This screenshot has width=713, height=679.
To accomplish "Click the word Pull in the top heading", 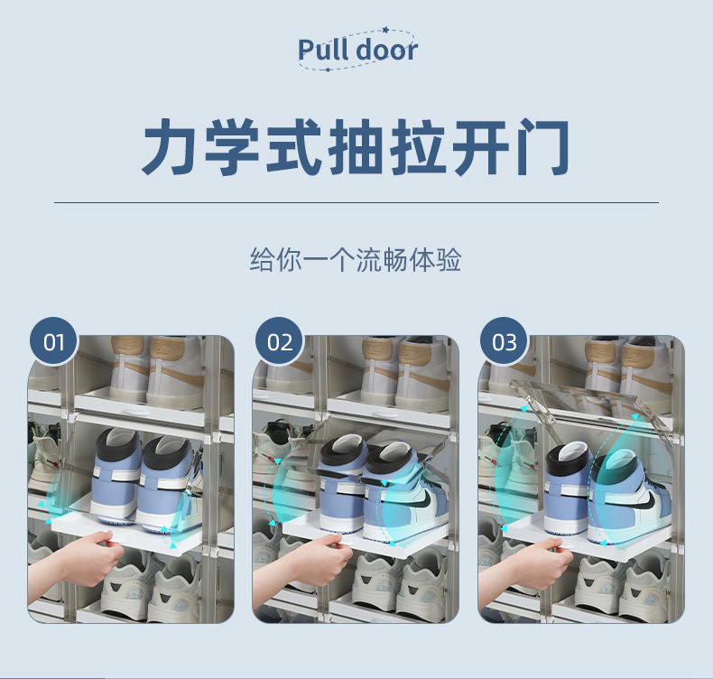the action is [323, 49].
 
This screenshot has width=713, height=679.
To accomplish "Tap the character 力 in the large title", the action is [171, 146].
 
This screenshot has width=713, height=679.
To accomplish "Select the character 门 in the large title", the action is [542, 146].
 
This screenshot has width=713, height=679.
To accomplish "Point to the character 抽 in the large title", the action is [356, 146].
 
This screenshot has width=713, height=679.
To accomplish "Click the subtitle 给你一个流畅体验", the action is [356, 260].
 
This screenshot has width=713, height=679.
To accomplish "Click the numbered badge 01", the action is [53, 341].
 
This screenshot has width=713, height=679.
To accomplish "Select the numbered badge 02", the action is [279, 341].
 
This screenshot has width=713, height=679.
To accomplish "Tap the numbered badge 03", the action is [505, 341].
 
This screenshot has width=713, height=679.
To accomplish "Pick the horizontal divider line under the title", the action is [356, 202].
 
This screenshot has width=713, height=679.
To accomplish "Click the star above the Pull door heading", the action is [386, 31].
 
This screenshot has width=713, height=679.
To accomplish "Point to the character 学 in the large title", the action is [232, 146].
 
